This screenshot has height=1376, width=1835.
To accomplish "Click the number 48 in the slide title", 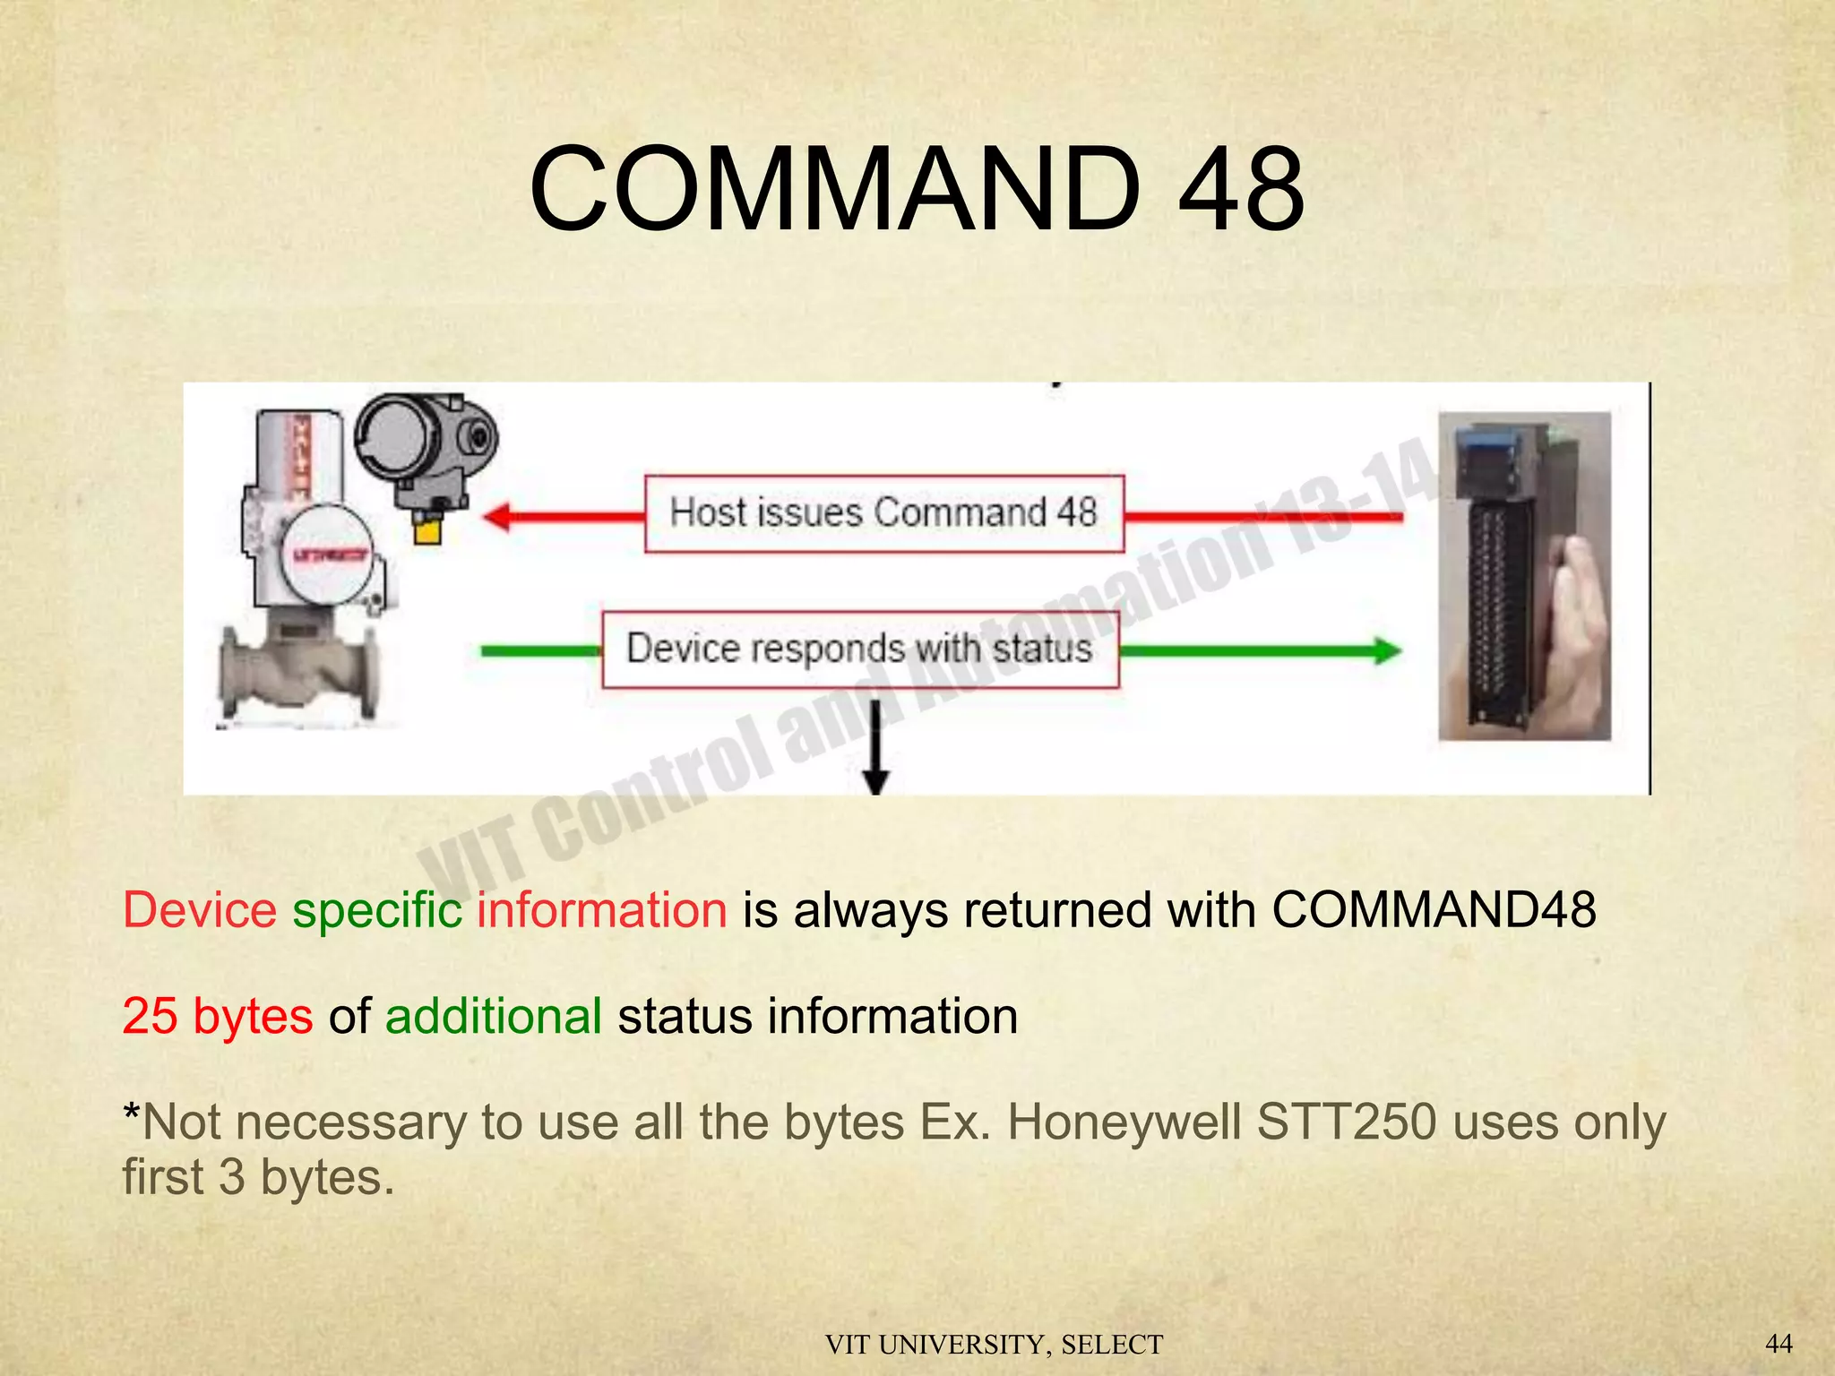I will click(x=1241, y=190).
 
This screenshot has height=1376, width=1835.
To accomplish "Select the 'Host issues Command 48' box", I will click(x=884, y=513).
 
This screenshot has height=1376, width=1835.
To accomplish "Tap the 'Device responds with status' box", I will click(x=860, y=649).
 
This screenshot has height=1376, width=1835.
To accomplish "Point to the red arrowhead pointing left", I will click(x=498, y=517).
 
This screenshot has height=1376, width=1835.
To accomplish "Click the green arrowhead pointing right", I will click(x=1386, y=650).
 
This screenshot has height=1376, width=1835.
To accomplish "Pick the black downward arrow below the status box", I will click(x=875, y=752).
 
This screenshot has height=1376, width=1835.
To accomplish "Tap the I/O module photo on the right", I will click(x=1523, y=576).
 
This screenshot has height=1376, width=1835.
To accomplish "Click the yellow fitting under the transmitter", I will click(x=427, y=531).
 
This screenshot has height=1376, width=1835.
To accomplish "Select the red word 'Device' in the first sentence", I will click(x=200, y=910).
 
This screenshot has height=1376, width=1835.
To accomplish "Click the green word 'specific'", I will click(x=377, y=910).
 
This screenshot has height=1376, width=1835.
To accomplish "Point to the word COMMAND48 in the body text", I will click(x=1434, y=910).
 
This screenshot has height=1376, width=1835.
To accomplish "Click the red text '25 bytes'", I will click(x=218, y=1016).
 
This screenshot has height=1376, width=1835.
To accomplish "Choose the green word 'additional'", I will click(x=493, y=1016).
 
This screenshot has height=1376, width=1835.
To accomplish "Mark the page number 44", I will click(x=1779, y=1343).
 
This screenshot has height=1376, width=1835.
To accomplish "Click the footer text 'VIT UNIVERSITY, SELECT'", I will click(x=994, y=1345).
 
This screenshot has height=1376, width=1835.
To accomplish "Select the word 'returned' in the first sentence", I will click(x=1057, y=910).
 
